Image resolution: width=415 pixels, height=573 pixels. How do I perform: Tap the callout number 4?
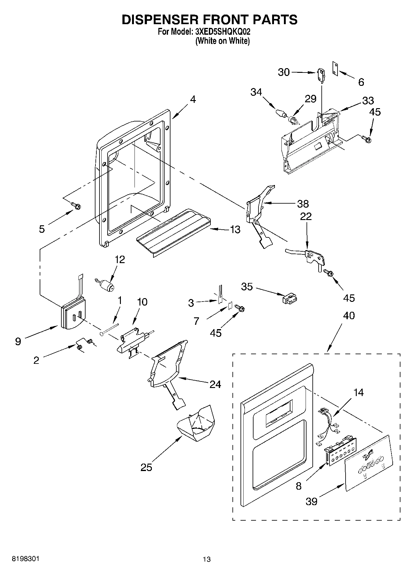tap(193, 100)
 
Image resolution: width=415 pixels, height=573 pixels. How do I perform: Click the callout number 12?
tap(120, 259)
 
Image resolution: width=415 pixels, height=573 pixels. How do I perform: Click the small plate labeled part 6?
tap(335, 68)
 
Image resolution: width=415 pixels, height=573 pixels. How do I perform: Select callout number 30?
tap(284, 72)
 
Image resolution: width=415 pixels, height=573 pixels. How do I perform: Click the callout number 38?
tap(302, 204)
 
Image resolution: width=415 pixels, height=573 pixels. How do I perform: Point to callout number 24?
tap(215, 384)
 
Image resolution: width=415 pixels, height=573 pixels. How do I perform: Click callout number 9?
tap(18, 342)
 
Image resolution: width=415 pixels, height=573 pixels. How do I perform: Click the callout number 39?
tap(311, 501)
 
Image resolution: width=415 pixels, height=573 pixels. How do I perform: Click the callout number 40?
tap(349, 316)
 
